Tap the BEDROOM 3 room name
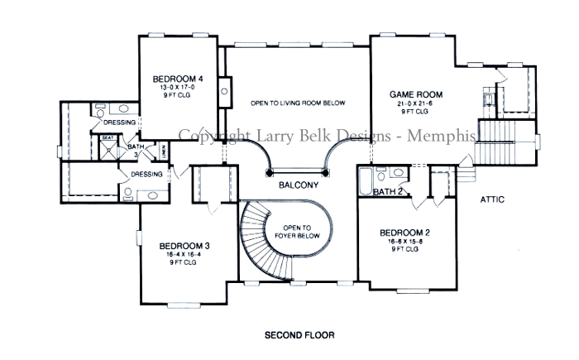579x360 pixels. [x=178, y=246]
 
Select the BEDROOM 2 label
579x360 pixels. [x=403, y=233]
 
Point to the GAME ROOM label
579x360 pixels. [x=414, y=95]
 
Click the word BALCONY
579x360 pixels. [x=299, y=185]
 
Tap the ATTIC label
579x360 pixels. [x=492, y=200]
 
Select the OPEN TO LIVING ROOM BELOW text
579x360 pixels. [x=298, y=103]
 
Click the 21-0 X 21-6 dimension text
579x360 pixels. [x=414, y=103]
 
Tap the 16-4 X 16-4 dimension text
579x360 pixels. [x=178, y=255]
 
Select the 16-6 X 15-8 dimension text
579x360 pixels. [x=403, y=241]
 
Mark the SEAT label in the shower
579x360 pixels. [x=108, y=139]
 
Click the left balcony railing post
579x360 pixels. [x=270, y=172]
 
